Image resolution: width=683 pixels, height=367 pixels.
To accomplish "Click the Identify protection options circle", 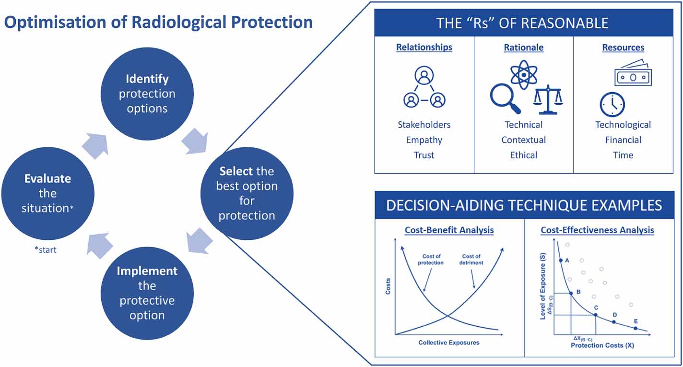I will (x=147, y=94).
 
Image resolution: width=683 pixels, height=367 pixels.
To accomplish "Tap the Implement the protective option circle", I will (x=147, y=293).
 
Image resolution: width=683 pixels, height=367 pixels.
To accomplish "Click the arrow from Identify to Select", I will (x=194, y=141).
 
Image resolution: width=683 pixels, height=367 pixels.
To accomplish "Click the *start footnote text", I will (x=45, y=250).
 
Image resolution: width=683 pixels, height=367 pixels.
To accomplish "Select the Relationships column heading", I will (x=424, y=47).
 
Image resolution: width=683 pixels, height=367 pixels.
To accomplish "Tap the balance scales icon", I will (x=548, y=99).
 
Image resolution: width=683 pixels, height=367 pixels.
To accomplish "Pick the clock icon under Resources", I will (x=612, y=105).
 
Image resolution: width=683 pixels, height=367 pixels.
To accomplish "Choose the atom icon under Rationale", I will (x=523, y=74).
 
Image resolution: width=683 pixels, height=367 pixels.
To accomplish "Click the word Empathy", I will (x=424, y=140).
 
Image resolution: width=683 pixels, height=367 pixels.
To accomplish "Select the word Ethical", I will (x=523, y=155).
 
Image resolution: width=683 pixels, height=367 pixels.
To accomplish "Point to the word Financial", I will (x=623, y=140).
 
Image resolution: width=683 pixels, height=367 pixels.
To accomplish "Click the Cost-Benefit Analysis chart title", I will (x=449, y=230).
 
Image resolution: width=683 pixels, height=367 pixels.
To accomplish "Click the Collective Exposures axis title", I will (x=448, y=343).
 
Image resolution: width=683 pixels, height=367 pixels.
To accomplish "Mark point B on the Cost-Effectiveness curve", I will (x=571, y=293).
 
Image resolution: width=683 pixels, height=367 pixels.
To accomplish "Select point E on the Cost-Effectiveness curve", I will (x=636, y=329).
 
